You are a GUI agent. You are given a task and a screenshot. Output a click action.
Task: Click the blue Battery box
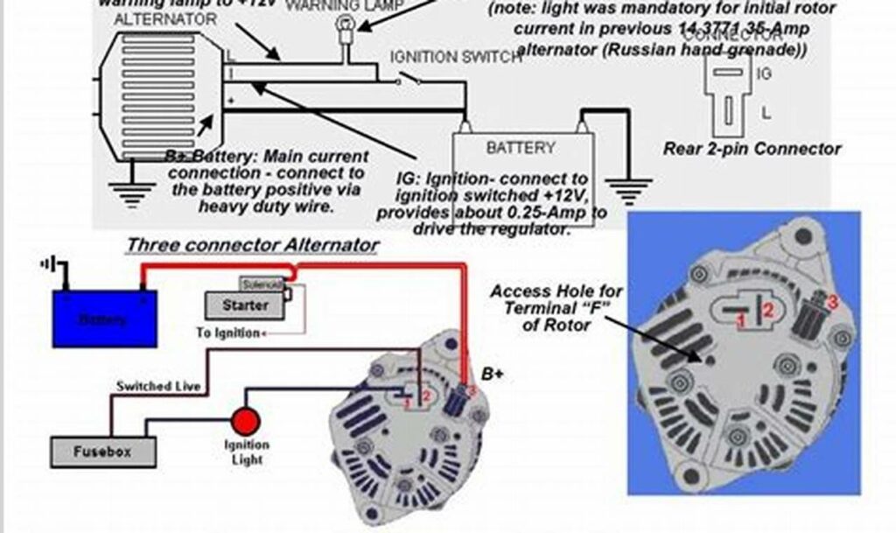point(105,319)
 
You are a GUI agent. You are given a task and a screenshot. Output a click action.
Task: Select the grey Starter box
point(245,305)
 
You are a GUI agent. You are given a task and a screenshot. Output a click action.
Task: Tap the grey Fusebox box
point(103,452)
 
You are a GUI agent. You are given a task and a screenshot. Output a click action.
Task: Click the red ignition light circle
point(246,423)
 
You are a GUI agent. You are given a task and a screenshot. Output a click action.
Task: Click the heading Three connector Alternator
point(252,245)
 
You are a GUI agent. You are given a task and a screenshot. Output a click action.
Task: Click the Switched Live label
point(158,386)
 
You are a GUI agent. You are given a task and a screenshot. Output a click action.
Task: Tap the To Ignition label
point(227,333)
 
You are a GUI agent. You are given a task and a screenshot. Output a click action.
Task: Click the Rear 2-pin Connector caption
point(752,149)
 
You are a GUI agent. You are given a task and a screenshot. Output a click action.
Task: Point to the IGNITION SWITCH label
point(456,57)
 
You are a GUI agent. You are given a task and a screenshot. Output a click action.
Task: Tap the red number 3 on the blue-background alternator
point(832,303)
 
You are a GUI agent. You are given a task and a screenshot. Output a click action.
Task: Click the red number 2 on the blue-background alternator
point(768,308)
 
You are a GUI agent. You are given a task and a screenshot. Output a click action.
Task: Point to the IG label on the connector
point(763,74)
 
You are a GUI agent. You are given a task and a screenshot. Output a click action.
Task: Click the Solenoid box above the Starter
point(262,285)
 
